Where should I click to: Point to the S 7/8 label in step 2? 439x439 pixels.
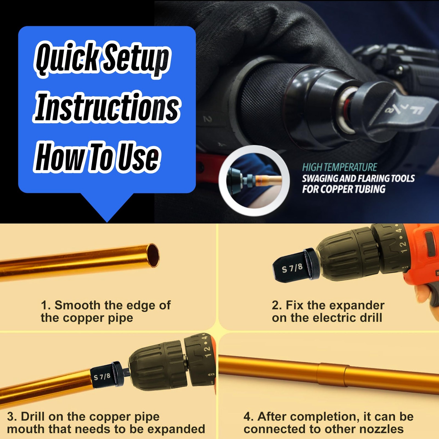coord(292,268)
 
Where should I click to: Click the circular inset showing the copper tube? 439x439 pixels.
coord(254,181)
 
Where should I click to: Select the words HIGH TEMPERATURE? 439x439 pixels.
coord(340,167)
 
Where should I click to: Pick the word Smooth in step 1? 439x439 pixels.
coord(78,305)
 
